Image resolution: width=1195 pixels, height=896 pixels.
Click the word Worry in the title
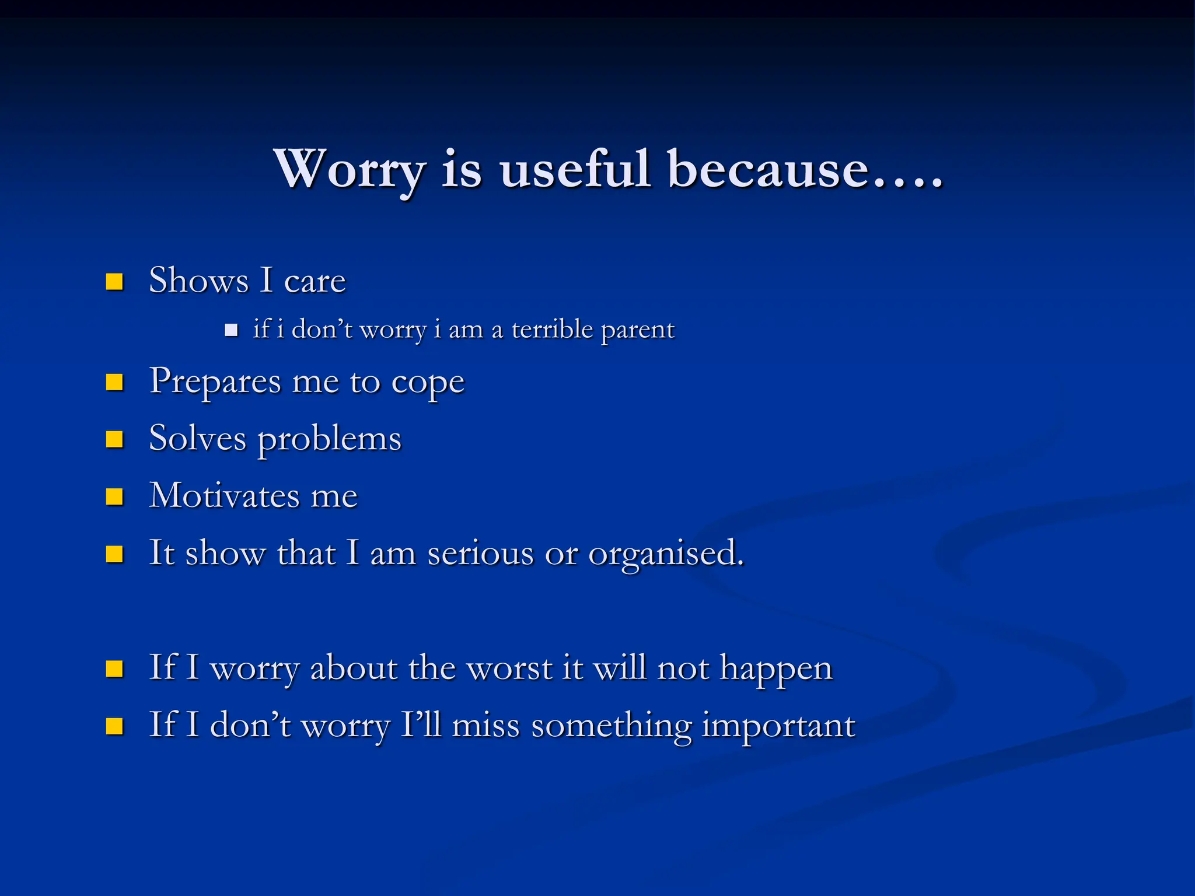point(349,170)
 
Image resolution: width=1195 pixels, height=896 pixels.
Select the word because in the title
point(768,170)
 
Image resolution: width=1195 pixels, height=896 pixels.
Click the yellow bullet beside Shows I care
point(114,282)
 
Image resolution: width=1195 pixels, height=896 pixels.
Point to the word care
point(315,282)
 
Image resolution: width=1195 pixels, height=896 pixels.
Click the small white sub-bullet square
point(231,331)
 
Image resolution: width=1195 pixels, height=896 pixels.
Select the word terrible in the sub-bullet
point(552,330)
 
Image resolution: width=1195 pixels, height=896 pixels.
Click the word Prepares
point(215,382)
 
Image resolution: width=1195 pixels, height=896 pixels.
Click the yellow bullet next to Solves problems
point(114,439)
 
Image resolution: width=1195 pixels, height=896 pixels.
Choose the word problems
point(330,439)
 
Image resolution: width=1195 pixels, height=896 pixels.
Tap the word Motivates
point(224,496)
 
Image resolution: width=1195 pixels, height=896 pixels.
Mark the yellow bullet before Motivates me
point(114,497)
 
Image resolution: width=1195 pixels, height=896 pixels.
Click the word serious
point(480,553)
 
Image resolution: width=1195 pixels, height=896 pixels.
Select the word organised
point(665,554)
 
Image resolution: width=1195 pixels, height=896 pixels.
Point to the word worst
point(509,668)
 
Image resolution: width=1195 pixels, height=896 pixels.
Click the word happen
point(775,669)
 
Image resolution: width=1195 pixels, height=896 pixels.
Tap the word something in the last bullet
point(610,726)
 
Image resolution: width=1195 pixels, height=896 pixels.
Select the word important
point(778,726)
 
